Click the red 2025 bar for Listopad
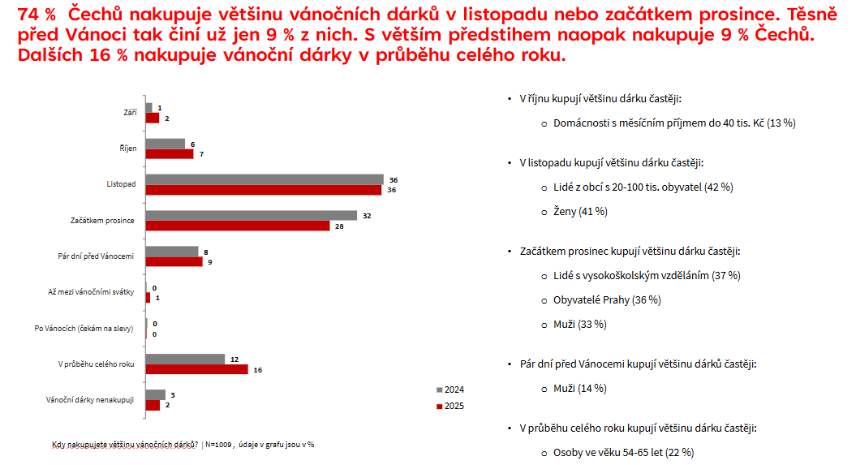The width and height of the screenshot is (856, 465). [264, 190]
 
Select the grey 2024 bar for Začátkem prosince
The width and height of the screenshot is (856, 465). [252, 215]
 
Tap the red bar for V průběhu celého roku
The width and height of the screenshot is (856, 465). [196, 369]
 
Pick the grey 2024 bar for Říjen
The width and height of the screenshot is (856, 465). [166, 144]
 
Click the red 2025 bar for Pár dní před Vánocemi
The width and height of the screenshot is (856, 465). [174, 262]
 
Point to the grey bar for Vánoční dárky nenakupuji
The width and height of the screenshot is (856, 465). [155, 394]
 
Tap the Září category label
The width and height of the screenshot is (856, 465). [129, 113]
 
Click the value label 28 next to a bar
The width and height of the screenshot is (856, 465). [340, 226]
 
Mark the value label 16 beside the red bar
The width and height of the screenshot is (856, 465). [258, 370]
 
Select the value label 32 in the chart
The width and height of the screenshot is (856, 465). [367, 216]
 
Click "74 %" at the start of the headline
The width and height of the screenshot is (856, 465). [36, 14]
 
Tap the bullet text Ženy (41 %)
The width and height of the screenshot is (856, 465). [579, 211]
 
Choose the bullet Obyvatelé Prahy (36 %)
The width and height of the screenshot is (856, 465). [606, 299]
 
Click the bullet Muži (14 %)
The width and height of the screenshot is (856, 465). [579, 388]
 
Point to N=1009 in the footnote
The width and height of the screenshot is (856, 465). [219, 445]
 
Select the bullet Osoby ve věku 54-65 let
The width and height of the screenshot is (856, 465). [623, 452]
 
